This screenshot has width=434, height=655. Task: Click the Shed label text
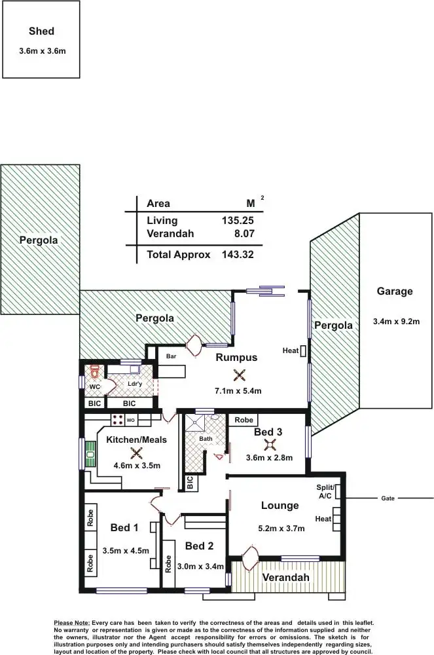click(x=41, y=31)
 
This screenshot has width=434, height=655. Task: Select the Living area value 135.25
click(x=238, y=221)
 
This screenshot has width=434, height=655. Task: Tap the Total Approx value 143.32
click(x=238, y=255)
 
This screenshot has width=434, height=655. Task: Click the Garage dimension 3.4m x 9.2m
click(x=395, y=321)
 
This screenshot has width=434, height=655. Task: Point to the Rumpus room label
click(x=236, y=357)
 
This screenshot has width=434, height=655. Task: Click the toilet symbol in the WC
click(x=94, y=372)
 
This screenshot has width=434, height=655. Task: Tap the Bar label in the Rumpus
click(x=172, y=356)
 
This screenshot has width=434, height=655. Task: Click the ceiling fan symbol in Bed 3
click(x=268, y=445)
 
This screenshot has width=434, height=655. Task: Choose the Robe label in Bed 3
click(x=244, y=420)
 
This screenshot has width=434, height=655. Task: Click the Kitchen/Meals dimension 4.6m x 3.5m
click(x=137, y=466)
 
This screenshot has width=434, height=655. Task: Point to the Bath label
click(x=206, y=438)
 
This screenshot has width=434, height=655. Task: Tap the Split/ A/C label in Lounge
click(x=325, y=492)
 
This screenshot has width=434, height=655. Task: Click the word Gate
click(x=388, y=498)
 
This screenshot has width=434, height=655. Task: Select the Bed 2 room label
click(x=200, y=546)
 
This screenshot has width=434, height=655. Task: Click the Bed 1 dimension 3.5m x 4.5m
click(x=126, y=551)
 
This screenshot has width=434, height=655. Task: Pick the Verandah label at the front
click(x=285, y=577)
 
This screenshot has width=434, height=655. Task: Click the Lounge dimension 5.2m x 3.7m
click(x=282, y=529)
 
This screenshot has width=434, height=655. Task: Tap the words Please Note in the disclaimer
click(x=72, y=622)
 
